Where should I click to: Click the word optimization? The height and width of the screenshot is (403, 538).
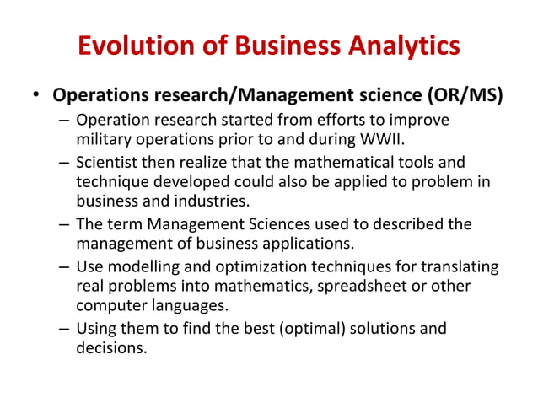247,267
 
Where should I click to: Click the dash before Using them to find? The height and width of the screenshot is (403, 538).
64,329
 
